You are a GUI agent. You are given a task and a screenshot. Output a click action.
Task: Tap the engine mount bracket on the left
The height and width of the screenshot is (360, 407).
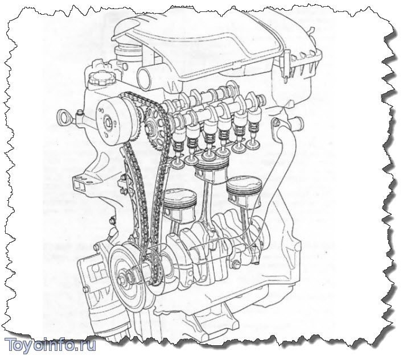click(83, 183)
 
